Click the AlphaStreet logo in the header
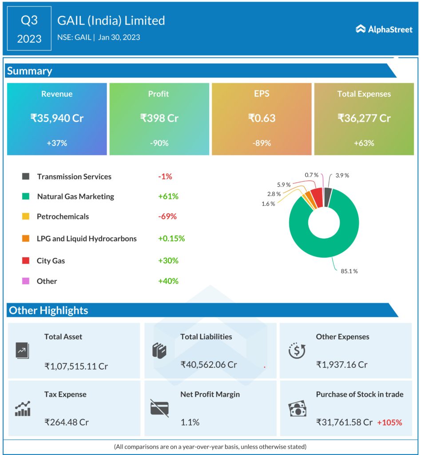click(x=384, y=29)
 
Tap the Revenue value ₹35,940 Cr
click(x=57, y=118)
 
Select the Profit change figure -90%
click(x=159, y=143)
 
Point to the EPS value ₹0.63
click(x=262, y=118)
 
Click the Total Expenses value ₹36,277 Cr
click(x=364, y=118)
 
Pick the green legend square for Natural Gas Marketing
click(x=26, y=196)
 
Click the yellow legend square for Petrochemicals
click(x=26, y=217)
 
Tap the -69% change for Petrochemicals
click(x=167, y=217)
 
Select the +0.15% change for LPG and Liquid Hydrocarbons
click(x=171, y=239)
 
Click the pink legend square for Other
click(x=26, y=281)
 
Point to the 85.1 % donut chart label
click(x=349, y=271)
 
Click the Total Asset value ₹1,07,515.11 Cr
click(x=76, y=366)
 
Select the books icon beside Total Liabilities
click(x=159, y=351)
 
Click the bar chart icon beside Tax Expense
click(x=23, y=408)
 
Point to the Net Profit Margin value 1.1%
click(x=190, y=422)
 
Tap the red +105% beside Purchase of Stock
click(x=389, y=422)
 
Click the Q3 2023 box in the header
click(x=29, y=29)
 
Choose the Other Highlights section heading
click(x=48, y=310)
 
